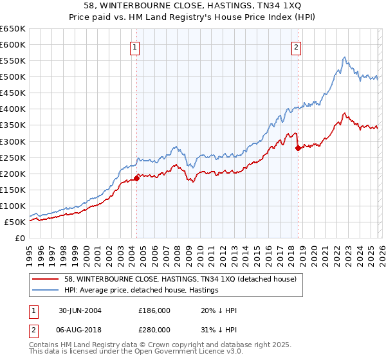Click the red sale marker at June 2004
[x=137, y=178]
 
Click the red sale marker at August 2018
[x=298, y=148]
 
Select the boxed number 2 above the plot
[x=297, y=46]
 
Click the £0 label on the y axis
[x=21, y=238]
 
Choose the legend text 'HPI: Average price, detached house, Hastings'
[x=142, y=290]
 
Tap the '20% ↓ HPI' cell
[x=219, y=310]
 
